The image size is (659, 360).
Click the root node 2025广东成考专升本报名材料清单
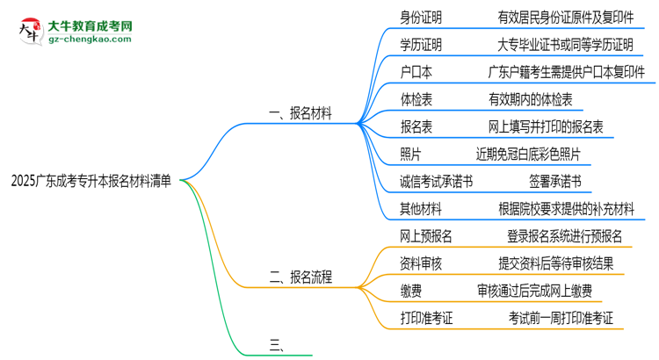pyautogui.click(x=92, y=182)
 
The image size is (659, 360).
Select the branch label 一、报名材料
pyautogui.click(x=300, y=114)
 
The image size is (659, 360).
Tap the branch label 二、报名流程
pyautogui.click(x=300, y=277)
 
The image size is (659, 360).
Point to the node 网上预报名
pyautogui.click(x=426, y=235)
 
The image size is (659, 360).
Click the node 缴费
pyautogui.click(x=409, y=291)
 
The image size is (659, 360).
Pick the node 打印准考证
pyautogui.click(x=426, y=318)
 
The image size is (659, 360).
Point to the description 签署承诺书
pyautogui.click(x=554, y=183)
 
